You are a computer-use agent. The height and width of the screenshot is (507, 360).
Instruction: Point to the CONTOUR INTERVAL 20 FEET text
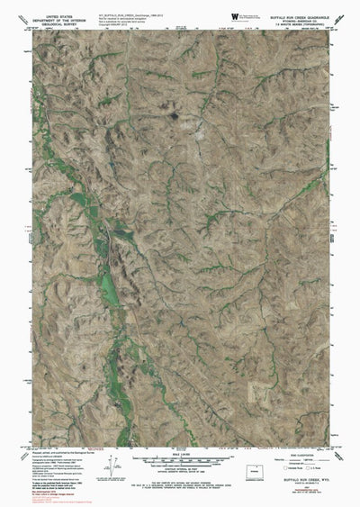point(181,472)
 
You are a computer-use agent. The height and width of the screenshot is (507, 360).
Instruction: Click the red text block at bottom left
point(50,487)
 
